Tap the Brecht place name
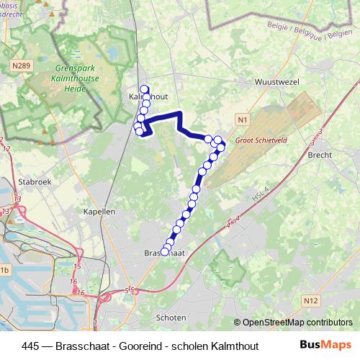point(319,155)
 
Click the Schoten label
point(170,317)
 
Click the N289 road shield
point(20,66)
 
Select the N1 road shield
point(241,119)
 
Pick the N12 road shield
point(311,300)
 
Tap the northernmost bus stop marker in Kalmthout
point(145,88)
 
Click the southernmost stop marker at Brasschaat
point(164,252)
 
